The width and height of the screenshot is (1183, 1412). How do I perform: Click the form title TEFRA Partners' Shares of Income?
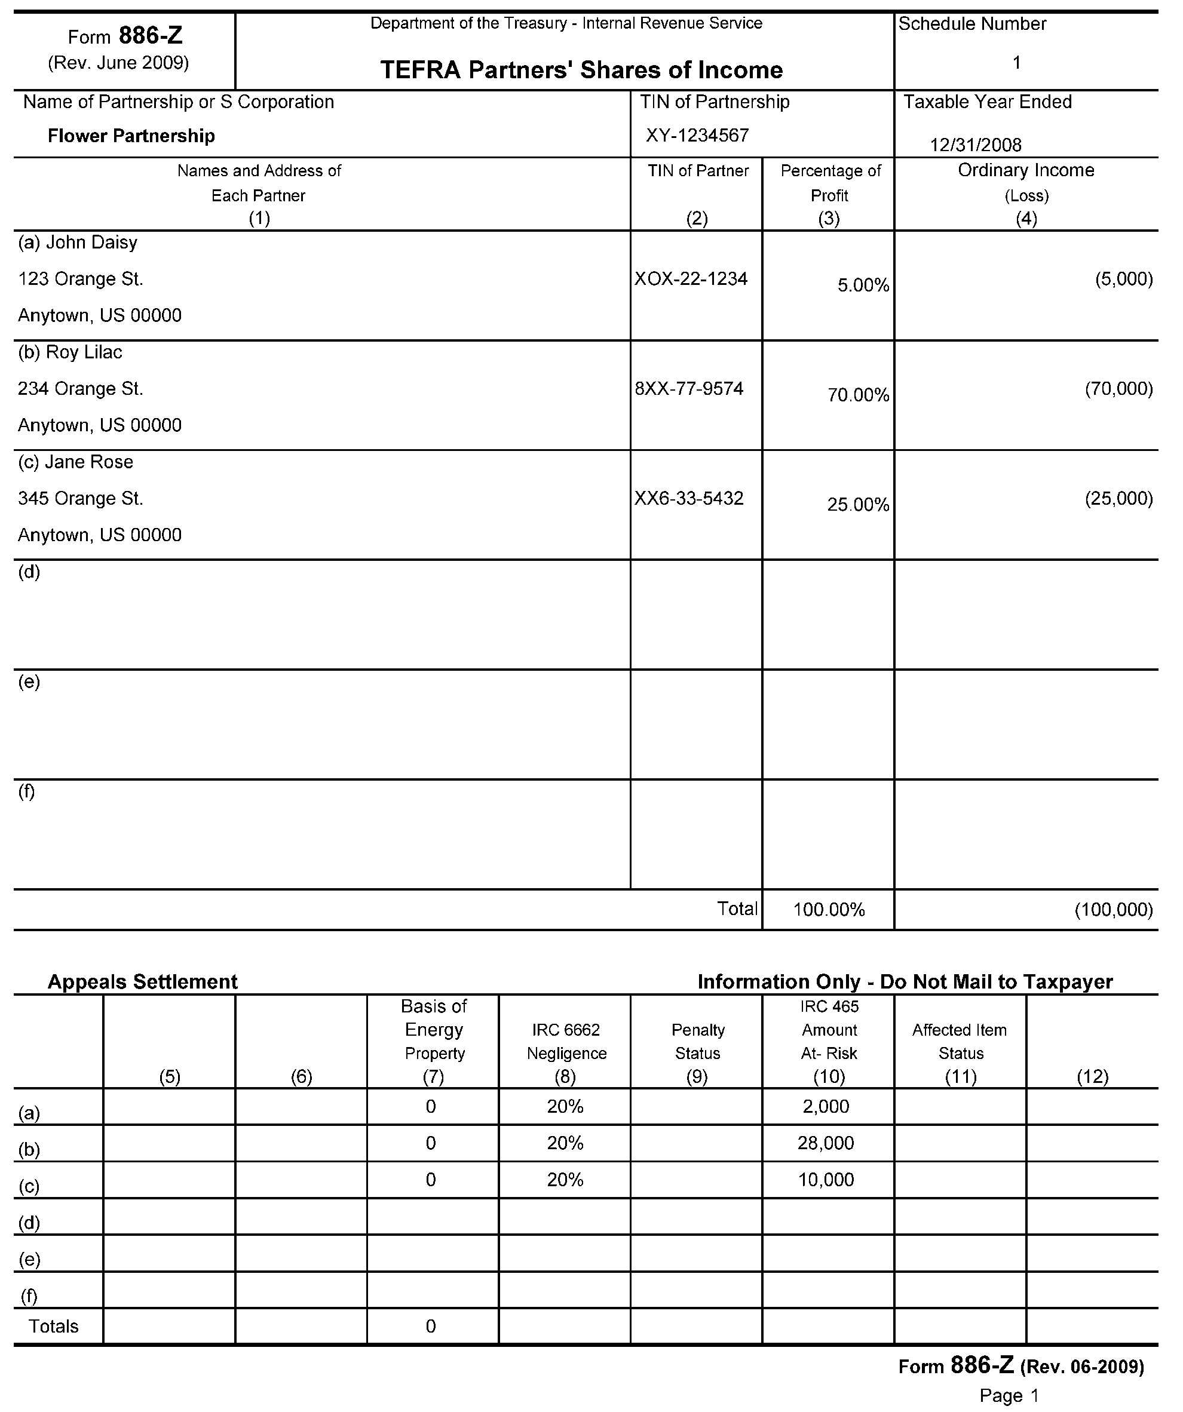[581, 70]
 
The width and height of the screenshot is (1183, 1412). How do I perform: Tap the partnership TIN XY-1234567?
[697, 136]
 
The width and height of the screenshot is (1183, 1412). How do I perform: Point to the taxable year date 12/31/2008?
[975, 145]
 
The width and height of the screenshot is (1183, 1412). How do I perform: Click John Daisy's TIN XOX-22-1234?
[691, 279]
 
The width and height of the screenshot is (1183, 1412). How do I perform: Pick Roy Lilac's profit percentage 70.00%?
[858, 395]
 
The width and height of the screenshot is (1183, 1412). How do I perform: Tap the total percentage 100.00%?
[829, 910]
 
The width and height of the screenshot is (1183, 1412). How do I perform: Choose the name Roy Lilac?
[84, 352]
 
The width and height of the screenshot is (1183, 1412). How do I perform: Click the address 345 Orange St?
[80, 498]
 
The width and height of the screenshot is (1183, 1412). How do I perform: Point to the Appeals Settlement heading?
[142, 982]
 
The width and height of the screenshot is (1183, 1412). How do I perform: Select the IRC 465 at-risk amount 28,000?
[826, 1143]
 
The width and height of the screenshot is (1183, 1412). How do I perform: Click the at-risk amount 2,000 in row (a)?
[826, 1107]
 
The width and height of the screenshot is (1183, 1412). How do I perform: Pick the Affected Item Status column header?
[960, 1041]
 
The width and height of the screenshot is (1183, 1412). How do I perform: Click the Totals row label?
[53, 1326]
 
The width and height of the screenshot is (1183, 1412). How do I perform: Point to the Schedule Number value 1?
[1017, 63]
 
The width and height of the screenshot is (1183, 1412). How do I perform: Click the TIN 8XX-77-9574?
[689, 389]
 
